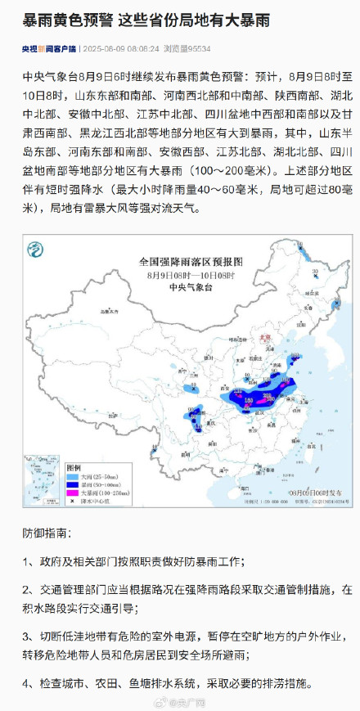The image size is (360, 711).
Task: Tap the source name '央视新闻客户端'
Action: [49, 49]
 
